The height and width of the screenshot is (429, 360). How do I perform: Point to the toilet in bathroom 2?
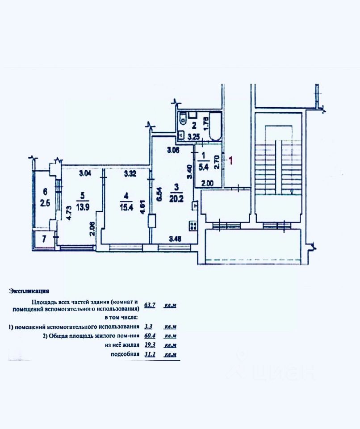(183, 119)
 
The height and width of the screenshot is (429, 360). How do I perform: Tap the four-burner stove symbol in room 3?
(193, 226)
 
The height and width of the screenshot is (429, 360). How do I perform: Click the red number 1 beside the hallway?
(230, 160)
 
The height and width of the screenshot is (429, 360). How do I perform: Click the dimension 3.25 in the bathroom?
(193, 137)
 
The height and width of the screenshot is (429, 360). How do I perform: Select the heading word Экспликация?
(29, 291)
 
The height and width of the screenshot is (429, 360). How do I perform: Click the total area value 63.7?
(150, 306)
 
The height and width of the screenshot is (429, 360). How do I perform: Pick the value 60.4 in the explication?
(150, 336)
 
